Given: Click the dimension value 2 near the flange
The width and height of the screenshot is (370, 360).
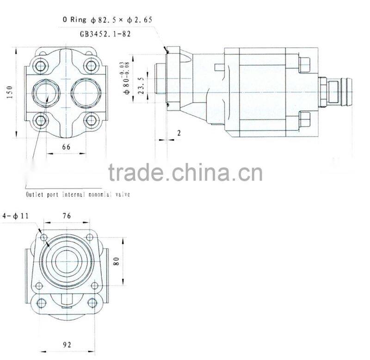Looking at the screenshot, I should point(179,133).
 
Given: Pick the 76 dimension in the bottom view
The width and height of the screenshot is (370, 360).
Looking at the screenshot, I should point(66,215).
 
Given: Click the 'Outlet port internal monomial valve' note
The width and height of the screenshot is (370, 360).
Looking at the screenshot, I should point(78,194).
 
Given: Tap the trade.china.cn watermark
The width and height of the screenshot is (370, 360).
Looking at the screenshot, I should point(185,173).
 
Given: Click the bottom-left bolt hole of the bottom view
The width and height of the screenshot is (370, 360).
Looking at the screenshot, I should point(42,304).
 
